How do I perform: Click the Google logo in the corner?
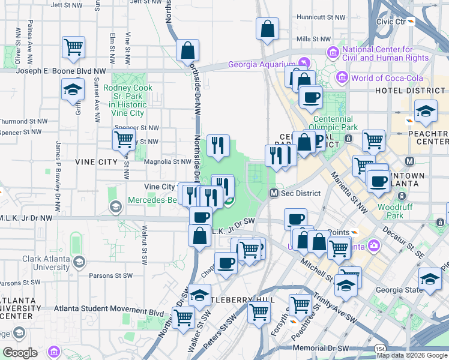click(20, 352)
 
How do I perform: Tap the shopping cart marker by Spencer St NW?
click(124, 140)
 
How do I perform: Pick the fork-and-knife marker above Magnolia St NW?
click(218, 145)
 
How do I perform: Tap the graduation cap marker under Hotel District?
click(425, 110)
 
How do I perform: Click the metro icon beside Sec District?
click(273, 193)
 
